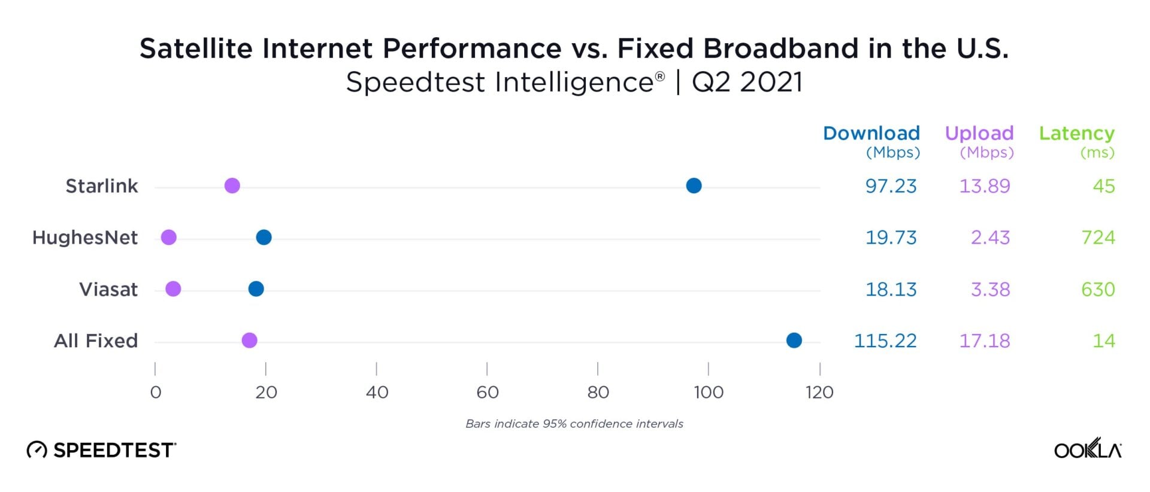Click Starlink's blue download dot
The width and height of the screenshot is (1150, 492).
694,186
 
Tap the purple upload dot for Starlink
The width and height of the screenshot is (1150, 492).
232,186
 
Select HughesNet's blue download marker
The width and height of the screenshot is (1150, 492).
264,238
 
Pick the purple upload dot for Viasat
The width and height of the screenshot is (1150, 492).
173,289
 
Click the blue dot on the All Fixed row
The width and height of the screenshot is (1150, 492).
794,341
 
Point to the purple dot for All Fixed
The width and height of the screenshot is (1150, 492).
249,341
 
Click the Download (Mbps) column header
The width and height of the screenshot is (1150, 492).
871,141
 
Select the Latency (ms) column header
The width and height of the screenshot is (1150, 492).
1076,141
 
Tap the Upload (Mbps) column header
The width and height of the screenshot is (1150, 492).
979,141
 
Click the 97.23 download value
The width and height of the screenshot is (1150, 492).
891,186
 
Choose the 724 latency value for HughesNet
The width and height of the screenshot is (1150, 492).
1097,238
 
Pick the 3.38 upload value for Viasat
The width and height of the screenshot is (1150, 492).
990,290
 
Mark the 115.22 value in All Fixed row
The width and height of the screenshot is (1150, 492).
885,341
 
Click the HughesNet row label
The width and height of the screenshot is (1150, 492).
85,238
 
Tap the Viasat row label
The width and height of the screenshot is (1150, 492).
108,290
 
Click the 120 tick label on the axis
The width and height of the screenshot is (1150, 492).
819,392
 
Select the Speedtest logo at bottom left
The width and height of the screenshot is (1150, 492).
101,450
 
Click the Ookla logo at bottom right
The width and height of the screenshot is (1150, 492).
1087,449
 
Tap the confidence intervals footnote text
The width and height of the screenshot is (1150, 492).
574,424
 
